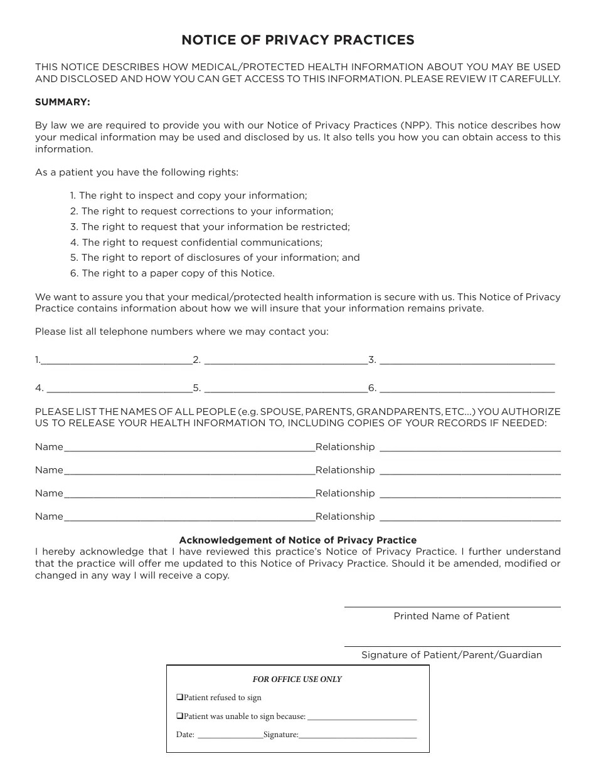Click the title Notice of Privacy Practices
297,40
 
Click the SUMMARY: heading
63,102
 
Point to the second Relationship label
345,470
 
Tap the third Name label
49,493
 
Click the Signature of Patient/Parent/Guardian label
452,655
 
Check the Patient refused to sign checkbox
179,697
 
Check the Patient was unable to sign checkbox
179,716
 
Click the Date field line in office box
230,736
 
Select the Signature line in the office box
358,736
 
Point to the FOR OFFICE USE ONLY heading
297,679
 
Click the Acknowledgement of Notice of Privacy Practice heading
297,540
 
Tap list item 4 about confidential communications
196,243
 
